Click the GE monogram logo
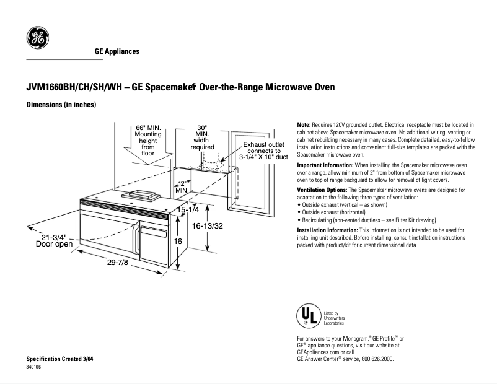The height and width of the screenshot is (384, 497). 37,38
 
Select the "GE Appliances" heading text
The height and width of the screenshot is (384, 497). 117,51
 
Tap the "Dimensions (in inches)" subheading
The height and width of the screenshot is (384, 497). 61,105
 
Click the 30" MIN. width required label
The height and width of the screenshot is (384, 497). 202,137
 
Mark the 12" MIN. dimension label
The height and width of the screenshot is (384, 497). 182,186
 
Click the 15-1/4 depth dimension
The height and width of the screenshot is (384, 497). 188,211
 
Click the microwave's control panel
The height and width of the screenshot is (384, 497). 152,239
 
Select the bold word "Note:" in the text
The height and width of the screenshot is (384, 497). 305,125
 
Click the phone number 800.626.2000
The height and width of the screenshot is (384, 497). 374,359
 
